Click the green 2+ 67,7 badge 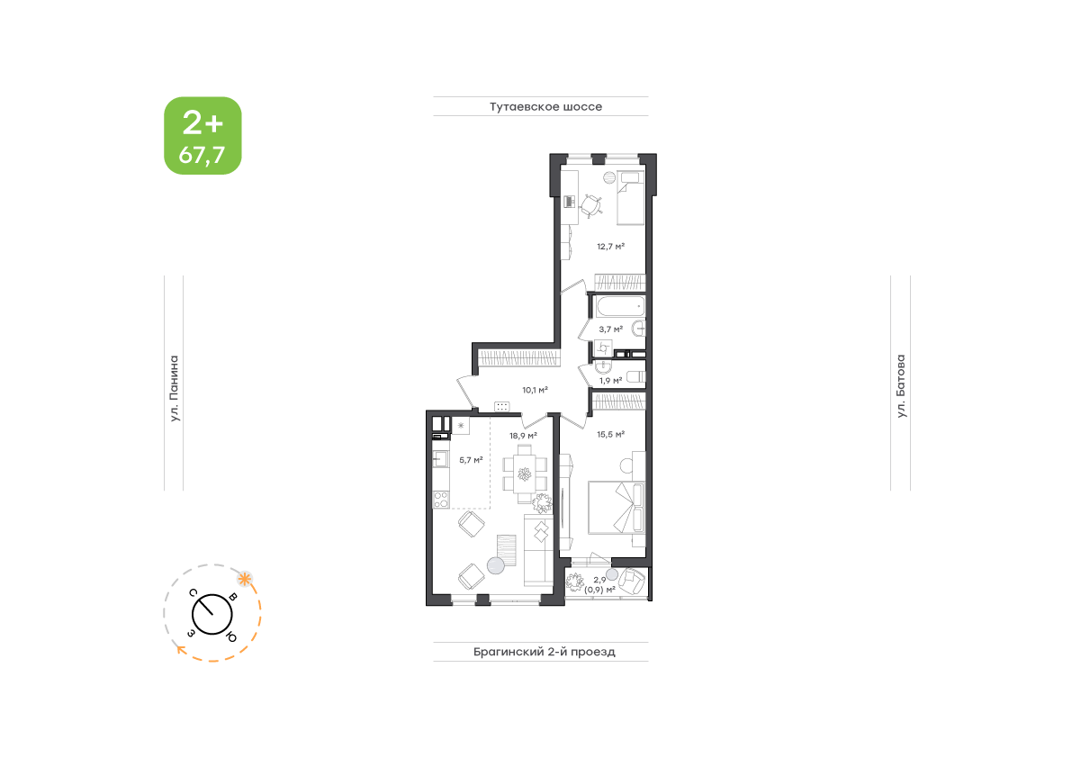tap(203, 135)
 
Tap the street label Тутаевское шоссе tap(545, 106)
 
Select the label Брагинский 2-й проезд tap(545, 652)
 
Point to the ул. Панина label tap(175, 388)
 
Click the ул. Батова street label tap(901, 386)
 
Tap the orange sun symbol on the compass tap(244, 580)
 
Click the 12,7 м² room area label tap(610, 246)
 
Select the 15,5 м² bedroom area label tap(610, 434)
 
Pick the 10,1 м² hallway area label tap(535, 391)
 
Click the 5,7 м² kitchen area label tap(471, 460)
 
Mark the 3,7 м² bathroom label tap(610, 329)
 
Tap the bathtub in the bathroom tap(620, 306)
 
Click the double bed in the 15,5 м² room tap(617, 507)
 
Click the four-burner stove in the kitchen tap(441, 499)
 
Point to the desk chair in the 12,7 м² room tap(590, 206)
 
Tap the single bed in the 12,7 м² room tap(630, 197)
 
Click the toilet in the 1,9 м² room tap(635, 376)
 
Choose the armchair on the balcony tap(632, 581)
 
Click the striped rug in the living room tap(507, 549)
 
